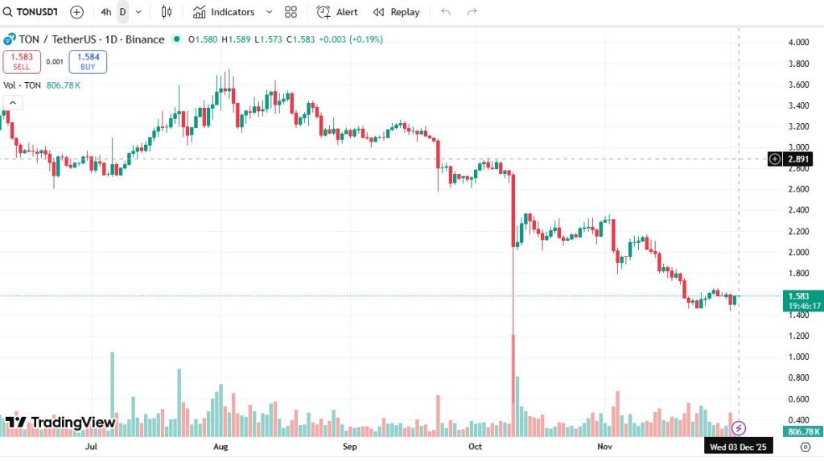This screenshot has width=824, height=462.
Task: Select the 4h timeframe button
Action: coord(106,12)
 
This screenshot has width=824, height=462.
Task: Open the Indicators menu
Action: coord(224,12)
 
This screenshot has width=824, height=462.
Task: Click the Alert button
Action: coord(337,12)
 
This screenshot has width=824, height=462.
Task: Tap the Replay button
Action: coord(396,12)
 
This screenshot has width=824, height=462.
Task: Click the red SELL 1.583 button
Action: coord(21,62)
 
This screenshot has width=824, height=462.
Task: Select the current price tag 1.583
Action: coord(798,296)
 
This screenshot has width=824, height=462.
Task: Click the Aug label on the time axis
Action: coord(220,445)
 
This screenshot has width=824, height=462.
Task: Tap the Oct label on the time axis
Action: coord(475,445)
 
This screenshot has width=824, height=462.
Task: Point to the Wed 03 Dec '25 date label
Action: coord(738,446)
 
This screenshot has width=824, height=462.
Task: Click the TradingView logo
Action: coord(61,423)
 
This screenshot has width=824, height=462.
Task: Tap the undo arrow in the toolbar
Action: coord(446,12)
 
